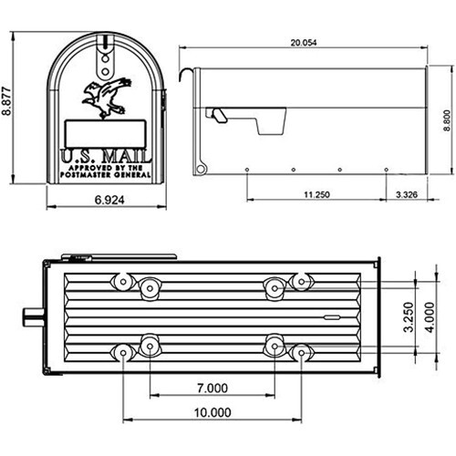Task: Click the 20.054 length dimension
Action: click(304, 43)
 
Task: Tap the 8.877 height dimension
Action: click(6, 101)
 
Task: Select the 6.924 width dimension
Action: click(109, 200)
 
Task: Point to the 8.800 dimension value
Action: click(447, 120)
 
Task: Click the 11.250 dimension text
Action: click(316, 194)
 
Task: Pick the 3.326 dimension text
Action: click(407, 194)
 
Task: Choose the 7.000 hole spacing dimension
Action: click(212, 389)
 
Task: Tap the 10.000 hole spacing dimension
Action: click(212, 412)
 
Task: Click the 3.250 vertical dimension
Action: click(409, 317)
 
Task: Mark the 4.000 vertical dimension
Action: click(430, 317)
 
